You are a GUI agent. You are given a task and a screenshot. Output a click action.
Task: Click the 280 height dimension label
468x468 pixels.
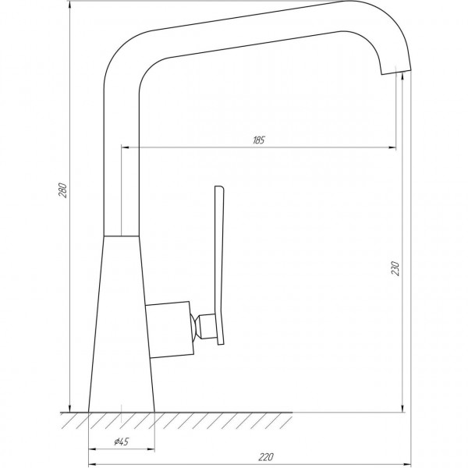65,190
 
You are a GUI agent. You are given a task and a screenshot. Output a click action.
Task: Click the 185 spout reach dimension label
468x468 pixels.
259,140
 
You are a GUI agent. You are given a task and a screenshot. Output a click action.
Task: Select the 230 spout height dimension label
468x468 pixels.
395,269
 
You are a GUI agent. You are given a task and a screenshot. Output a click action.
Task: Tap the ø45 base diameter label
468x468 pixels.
121,442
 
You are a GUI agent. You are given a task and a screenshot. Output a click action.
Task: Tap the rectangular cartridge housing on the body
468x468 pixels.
168,328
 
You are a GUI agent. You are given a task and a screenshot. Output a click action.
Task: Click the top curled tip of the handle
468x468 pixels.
219,188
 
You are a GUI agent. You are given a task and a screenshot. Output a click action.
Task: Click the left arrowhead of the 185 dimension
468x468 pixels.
125,147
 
